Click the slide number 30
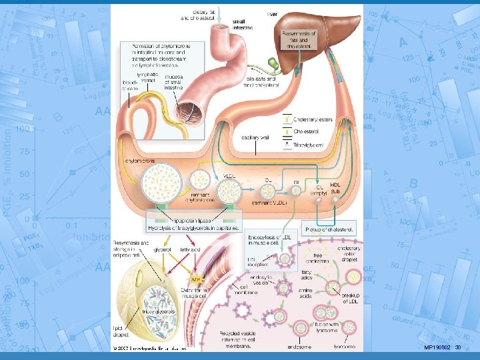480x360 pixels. (x=457, y=348)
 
